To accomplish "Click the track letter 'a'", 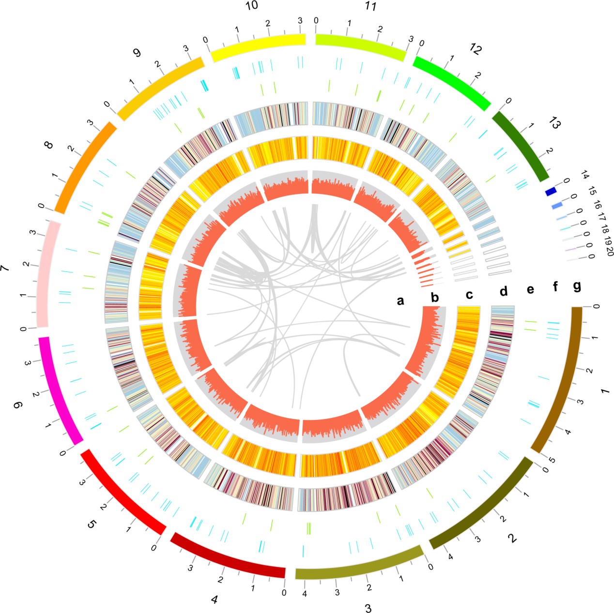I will click(x=400, y=301).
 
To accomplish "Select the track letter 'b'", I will click(x=435, y=298).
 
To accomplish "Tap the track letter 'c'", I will click(x=469, y=295).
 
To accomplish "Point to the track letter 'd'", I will click(x=504, y=291).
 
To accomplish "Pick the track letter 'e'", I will click(x=531, y=289).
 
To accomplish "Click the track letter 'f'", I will click(x=555, y=287).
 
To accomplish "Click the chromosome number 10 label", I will click(x=252, y=5).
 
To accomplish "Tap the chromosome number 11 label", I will click(x=370, y=6).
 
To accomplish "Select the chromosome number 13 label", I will click(x=555, y=124).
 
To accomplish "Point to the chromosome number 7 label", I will click(x=5, y=268).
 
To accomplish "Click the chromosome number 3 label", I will click(x=368, y=608).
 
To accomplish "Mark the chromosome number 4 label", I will click(x=215, y=600).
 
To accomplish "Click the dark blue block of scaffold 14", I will click(x=551, y=192).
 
